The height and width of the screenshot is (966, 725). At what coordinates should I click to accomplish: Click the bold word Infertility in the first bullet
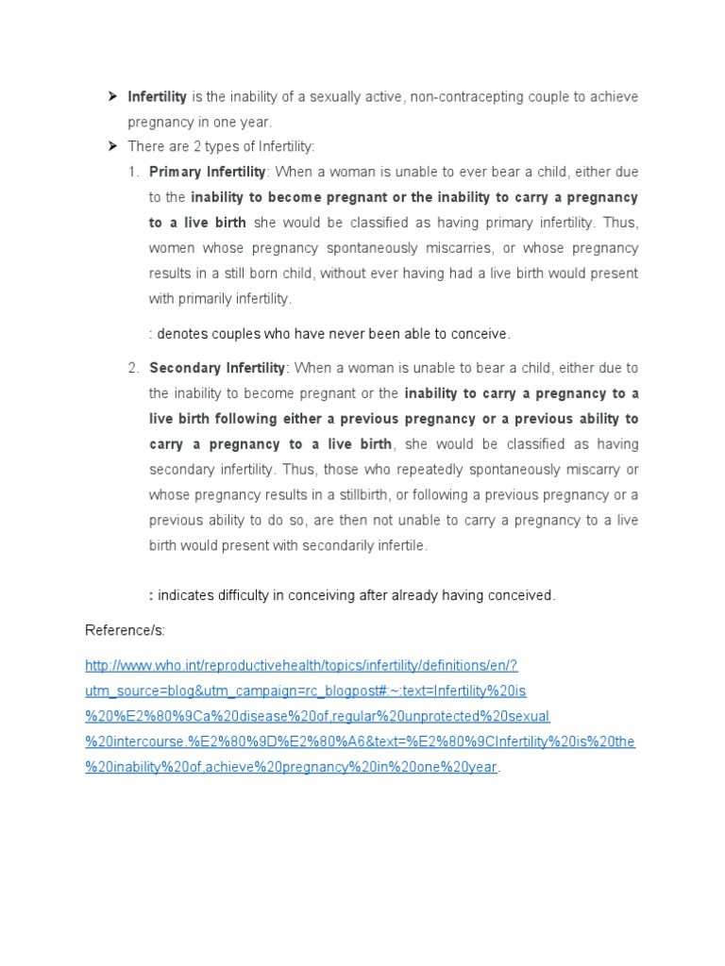coord(158,97)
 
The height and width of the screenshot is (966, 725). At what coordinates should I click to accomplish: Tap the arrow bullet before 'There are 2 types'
coord(111,146)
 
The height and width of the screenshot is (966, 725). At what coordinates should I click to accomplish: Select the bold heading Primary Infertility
coord(208,173)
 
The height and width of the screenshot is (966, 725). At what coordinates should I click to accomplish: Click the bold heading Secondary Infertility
coord(217,368)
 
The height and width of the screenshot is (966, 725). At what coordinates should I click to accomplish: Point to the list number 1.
coord(133,173)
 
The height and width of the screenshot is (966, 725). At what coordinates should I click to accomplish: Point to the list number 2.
coord(133,368)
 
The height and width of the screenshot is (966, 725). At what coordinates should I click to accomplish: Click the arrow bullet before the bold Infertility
coord(111,96)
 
